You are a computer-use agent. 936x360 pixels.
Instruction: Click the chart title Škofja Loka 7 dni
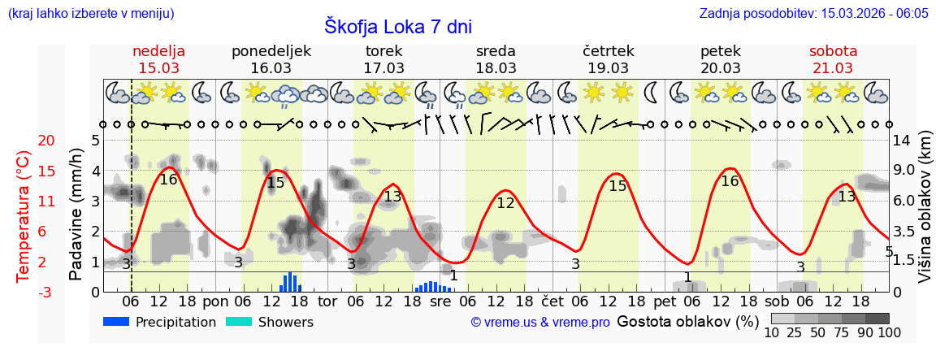pyautogui.click(x=397, y=26)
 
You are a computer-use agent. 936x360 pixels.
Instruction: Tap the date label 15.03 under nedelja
pyautogui.click(x=158, y=68)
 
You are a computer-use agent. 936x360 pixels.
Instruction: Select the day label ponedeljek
pyautogui.click(x=271, y=51)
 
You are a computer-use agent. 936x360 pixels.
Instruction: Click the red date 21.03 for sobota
pyautogui.click(x=833, y=68)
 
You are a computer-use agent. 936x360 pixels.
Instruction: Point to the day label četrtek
pyautogui.click(x=609, y=51)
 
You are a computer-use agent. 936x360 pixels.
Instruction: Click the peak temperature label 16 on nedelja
pyautogui.click(x=168, y=180)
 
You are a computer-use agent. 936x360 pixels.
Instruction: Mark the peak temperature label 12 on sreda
pyautogui.click(x=505, y=203)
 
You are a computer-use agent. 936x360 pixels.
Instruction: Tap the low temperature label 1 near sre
pyautogui.click(x=453, y=275)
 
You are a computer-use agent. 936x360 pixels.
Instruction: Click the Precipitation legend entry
pyautogui.click(x=160, y=322)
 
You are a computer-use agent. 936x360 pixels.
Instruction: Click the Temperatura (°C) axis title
pyautogui.click(x=24, y=215)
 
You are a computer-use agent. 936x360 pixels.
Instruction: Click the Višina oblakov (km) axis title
pyautogui.click(x=925, y=215)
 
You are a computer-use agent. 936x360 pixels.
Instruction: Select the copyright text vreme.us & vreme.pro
pyautogui.click(x=540, y=322)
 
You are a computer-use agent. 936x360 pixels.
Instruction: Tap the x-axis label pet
pyautogui.click(x=664, y=301)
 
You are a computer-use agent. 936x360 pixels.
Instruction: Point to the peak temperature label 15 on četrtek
pyautogui.click(x=617, y=185)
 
